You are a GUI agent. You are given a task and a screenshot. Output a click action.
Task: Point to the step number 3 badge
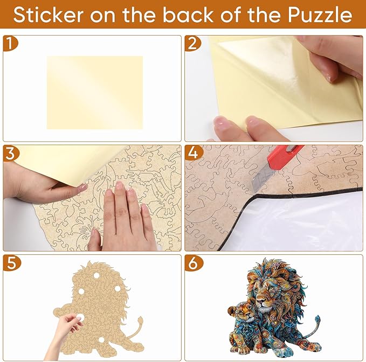10,152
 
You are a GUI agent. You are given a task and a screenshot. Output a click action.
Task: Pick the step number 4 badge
192,152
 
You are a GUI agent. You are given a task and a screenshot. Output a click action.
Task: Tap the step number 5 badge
10,263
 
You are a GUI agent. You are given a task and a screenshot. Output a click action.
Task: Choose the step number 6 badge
192,263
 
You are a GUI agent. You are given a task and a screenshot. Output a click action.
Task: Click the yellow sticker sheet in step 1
94,92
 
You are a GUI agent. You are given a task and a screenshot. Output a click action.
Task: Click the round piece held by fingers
81,318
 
